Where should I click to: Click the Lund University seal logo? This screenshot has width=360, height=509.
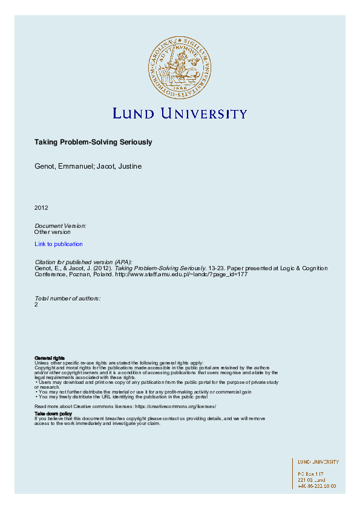click(179, 66)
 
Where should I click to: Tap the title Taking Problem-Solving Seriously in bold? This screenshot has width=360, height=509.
click(93, 143)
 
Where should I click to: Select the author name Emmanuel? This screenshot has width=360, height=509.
click(75, 166)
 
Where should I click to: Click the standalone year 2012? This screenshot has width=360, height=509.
click(41, 207)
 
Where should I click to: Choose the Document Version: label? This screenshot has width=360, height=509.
click(61, 225)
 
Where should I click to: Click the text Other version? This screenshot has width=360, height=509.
click(53, 232)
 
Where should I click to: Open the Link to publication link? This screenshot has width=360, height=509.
click(59, 244)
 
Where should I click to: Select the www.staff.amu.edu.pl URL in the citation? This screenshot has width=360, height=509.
click(181, 274)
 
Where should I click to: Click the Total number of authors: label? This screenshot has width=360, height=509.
click(68, 299)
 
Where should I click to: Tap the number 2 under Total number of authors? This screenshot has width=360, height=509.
click(37, 305)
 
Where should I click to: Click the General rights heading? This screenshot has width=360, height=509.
click(50, 358)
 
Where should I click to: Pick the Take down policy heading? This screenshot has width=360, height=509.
click(53, 413)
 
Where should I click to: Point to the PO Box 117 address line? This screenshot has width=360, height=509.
click(311, 474)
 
